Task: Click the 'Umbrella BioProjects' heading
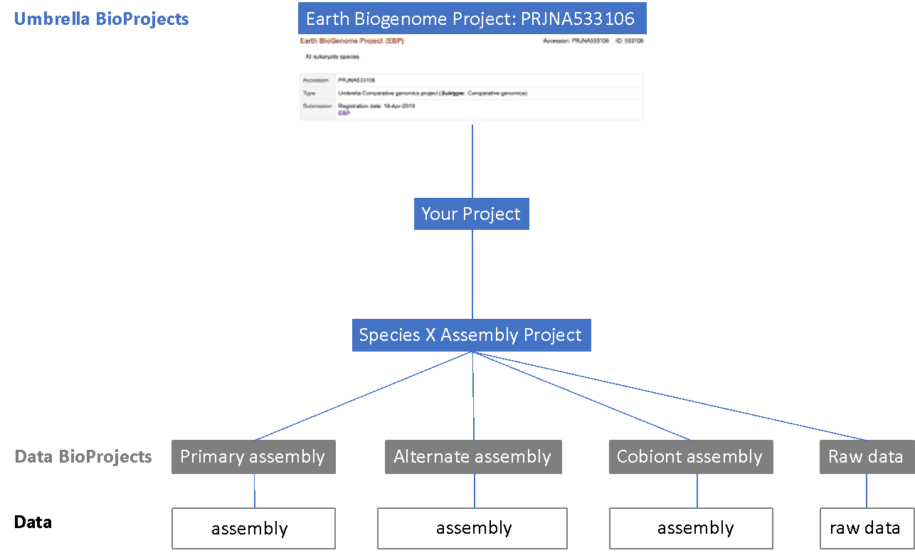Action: click(x=101, y=19)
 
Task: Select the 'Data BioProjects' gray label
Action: click(x=83, y=456)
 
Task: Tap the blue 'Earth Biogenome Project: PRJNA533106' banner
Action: click(x=471, y=18)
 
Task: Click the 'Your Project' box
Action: click(x=471, y=214)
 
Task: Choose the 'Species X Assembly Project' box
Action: click(x=471, y=335)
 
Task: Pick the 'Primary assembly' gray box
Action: click(x=253, y=457)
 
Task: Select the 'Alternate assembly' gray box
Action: click(x=472, y=457)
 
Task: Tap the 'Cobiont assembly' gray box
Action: click(x=690, y=457)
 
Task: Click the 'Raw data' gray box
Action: click(x=866, y=457)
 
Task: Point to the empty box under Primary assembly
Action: click(x=253, y=528)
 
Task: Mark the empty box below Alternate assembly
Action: click(x=472, y=528)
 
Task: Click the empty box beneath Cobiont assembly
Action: click(x=690, y=528)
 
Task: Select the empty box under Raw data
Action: click(x=867, y=528)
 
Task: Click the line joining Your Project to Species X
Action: click(x=472, y=274)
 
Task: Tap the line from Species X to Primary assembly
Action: click(x=363, y=396)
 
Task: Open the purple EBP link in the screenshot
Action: click(x=344, y=113)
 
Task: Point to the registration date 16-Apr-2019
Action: click(x=376, y=105)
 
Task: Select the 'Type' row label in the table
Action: click(x=309, y=93)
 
